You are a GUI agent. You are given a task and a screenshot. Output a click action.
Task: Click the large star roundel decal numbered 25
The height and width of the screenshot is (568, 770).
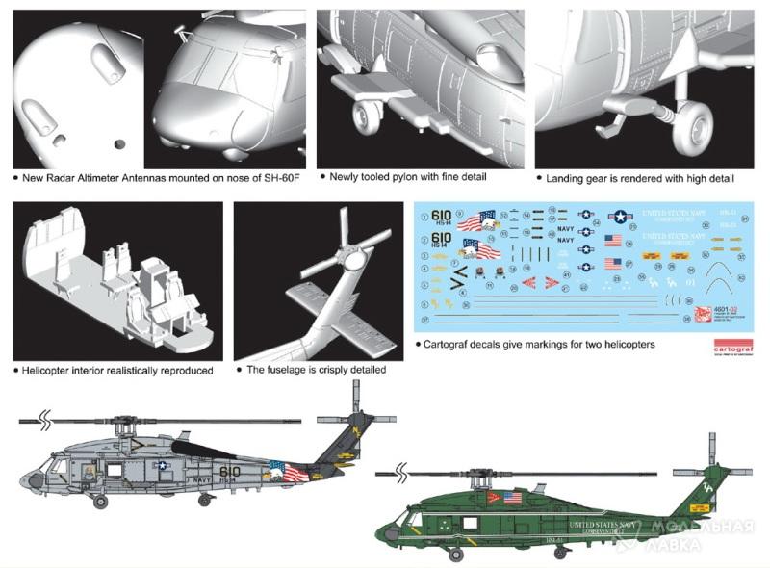tap(619, 218)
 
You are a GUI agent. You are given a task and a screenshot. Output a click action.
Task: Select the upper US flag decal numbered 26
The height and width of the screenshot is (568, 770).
tap(613, 241)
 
